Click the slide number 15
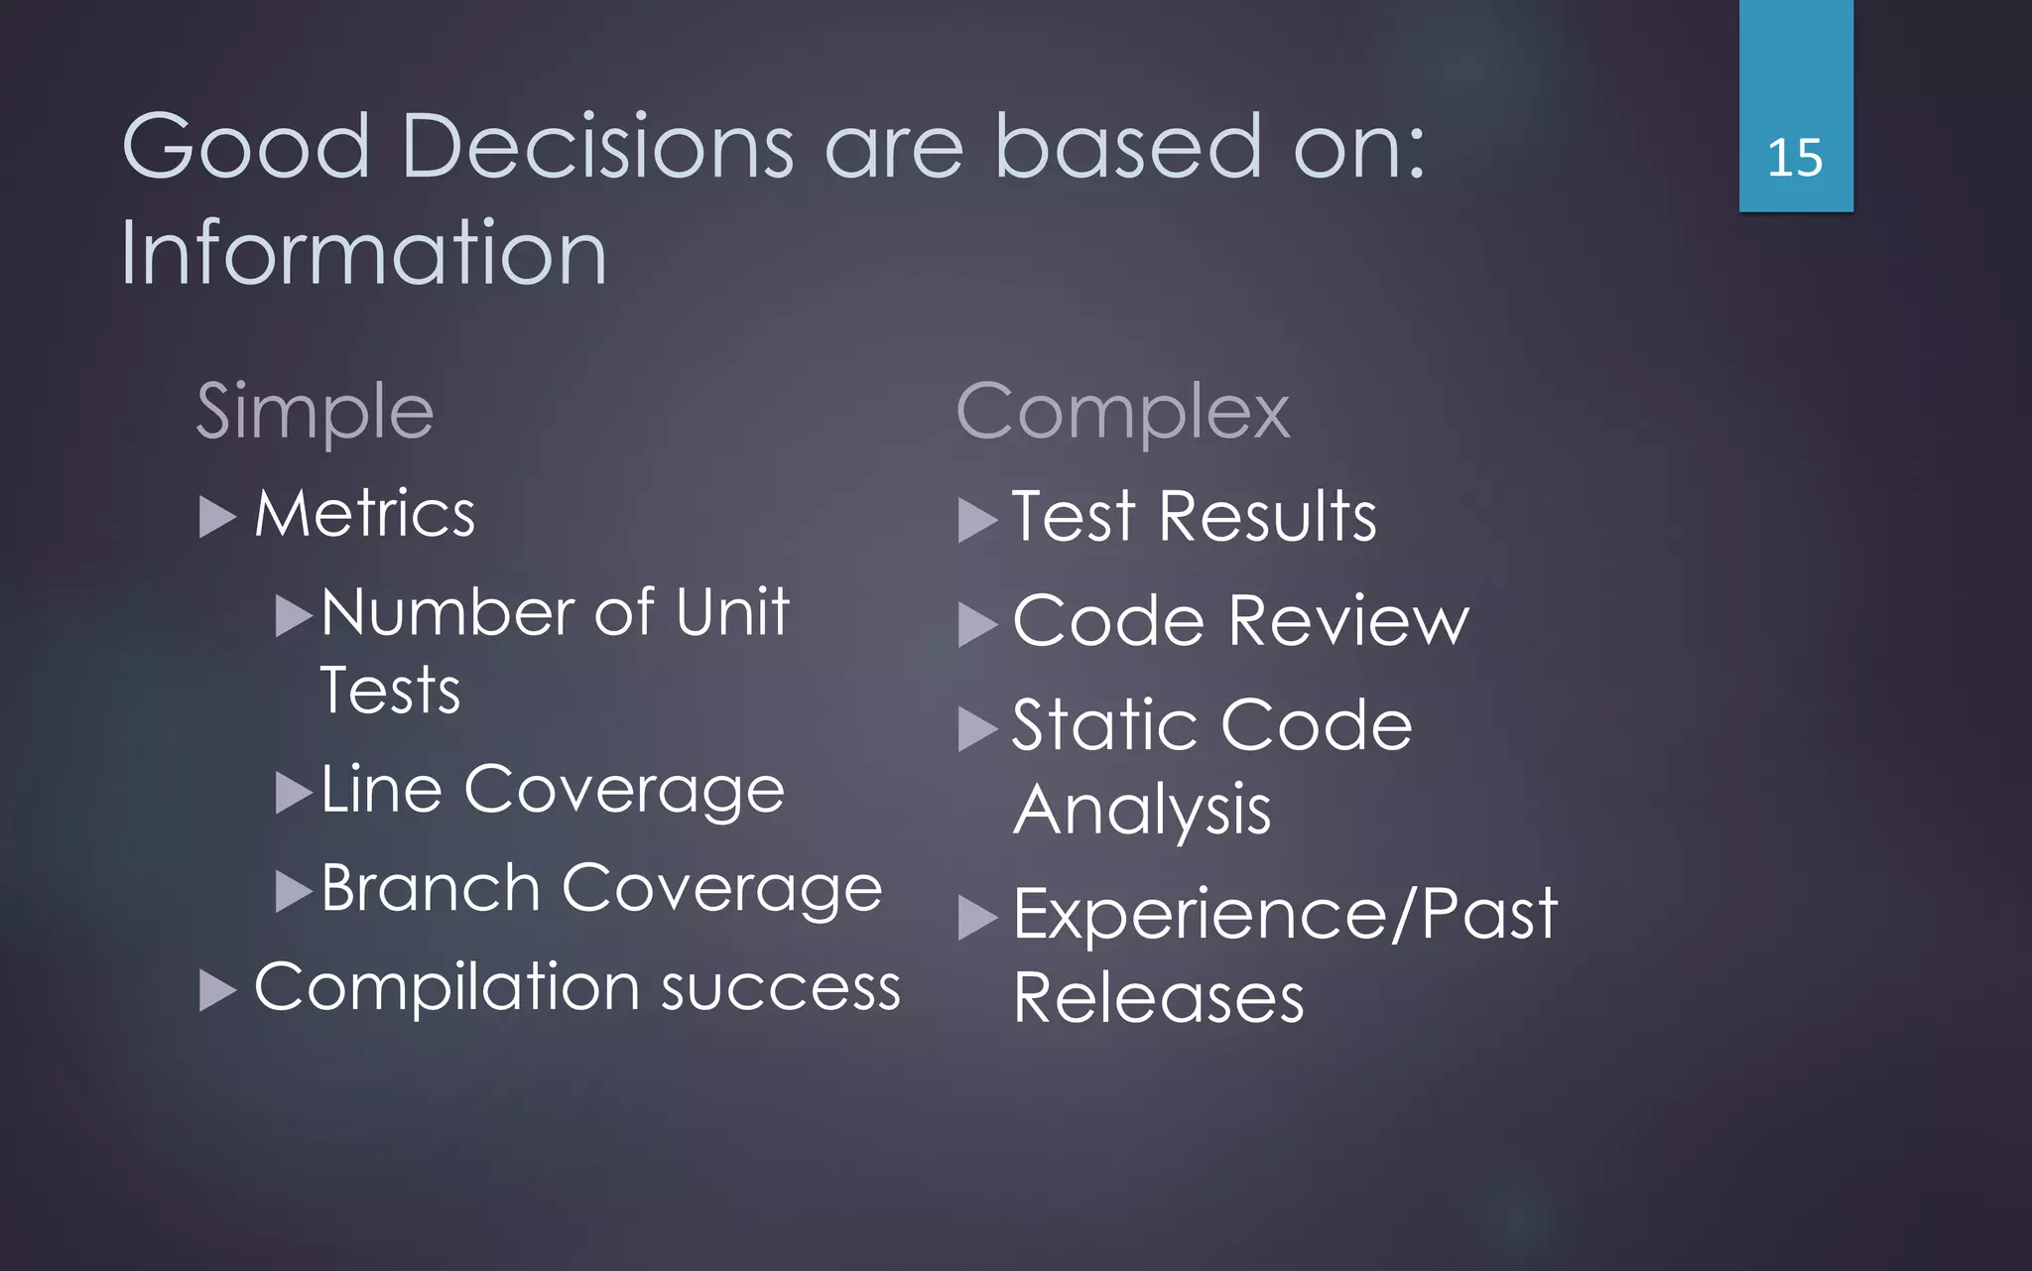(1795, 159)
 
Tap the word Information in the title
(363, 254)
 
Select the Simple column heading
(315, 412)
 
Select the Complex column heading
(1122, 412)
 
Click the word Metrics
(364, 514)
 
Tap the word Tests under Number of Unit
(390, 691)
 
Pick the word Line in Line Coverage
(381, 790)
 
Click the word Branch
(430, 888)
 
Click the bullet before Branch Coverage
(293, 891)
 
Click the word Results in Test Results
(1267, 517)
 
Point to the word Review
(1348, 622)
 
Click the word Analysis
(1141, 811)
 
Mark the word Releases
(1158, 998)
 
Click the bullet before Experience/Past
(976, 918)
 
